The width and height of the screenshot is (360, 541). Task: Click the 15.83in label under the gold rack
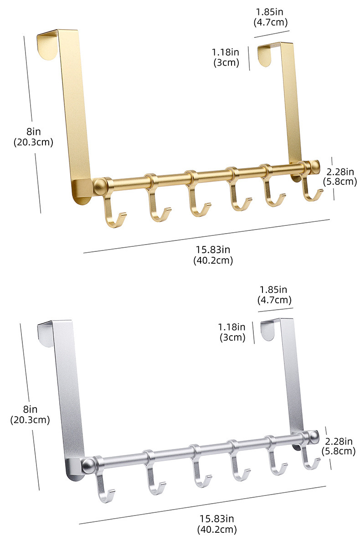click(x=213, y=250)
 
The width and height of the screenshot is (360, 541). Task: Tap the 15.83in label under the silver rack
click(x=217, y=519)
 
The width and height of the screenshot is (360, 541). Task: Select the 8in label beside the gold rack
click(x=33, y=132)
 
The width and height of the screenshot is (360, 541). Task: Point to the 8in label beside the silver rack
click(x=30, y=409)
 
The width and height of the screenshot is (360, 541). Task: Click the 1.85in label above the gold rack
click(x=270, y=12)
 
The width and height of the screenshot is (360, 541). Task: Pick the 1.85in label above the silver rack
click(x=273, y=290)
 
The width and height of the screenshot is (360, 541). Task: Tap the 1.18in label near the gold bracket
click(x=226, y=52)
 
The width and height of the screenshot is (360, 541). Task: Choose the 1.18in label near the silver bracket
click(x=231, y=327)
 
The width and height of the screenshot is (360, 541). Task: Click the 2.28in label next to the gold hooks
click(x=340, y=172)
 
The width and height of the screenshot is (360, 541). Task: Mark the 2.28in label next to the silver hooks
click(x=339, y=441)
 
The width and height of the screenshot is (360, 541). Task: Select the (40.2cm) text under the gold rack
click(x=213, y=260)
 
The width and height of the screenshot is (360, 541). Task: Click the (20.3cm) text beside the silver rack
click(x=30, y=420)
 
